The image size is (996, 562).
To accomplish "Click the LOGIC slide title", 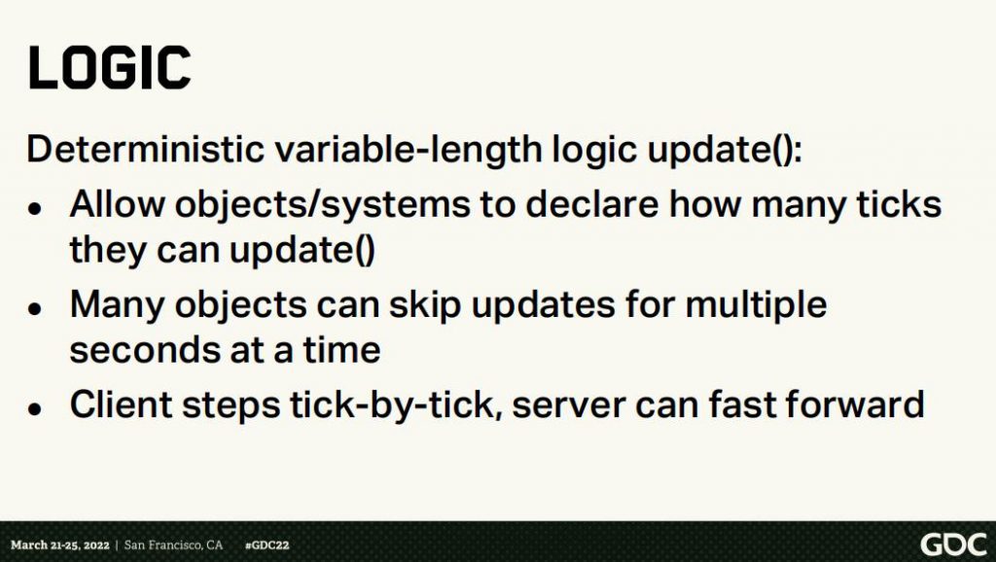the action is [109, 67].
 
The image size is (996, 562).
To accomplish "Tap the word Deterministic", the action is [145, 149].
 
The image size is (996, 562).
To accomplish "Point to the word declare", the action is [591, 204].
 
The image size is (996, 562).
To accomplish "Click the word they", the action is [107, 250].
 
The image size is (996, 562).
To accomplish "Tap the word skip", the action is [425, 305].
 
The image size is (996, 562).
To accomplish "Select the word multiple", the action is [757, 305].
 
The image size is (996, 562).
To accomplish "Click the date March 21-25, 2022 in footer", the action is [59, 544].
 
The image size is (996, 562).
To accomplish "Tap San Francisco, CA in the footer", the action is [173, 544].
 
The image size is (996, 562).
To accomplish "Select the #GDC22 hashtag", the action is [267, 544].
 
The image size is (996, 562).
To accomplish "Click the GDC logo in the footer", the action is [954, 545].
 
